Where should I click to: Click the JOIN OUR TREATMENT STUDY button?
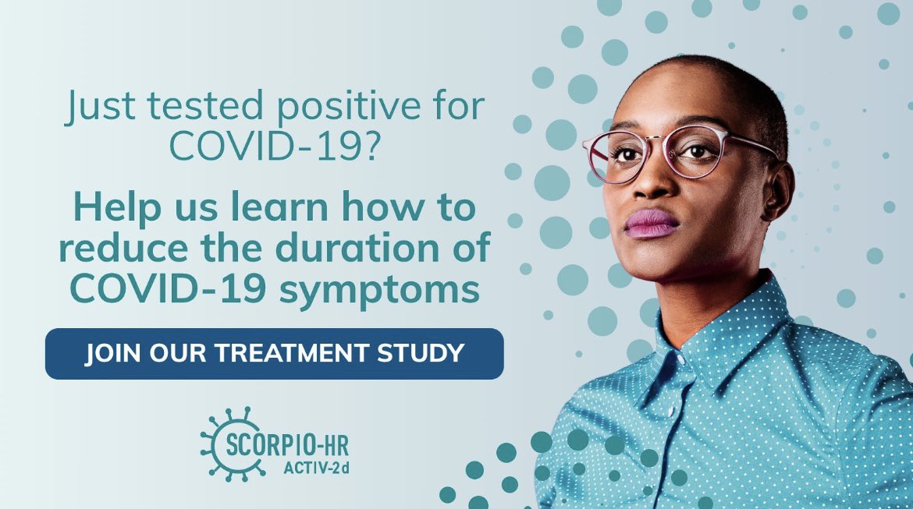click(274, 353)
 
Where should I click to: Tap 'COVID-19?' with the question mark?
click(275, 147)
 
